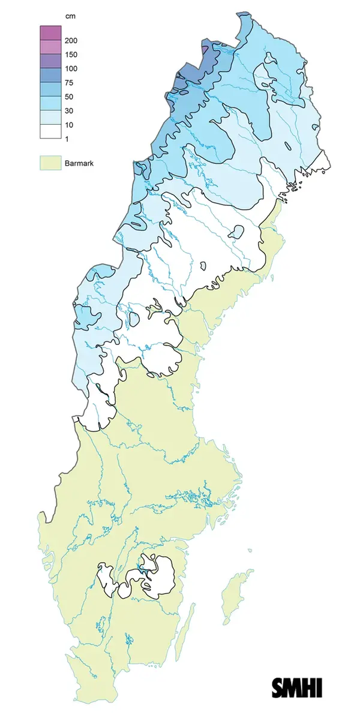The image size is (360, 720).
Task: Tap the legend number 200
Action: pos(71,41)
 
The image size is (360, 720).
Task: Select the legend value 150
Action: pos(71,55)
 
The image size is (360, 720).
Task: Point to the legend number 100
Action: pos(71,68)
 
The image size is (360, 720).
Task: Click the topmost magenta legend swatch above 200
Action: pos(50,33)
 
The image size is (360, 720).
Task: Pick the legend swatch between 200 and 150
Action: pos(50,47)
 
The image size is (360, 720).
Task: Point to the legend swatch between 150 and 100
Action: pos(50,61)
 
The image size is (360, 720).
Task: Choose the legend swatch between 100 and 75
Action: pos(50,76)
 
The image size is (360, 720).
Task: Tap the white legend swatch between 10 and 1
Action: pos(50,131)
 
